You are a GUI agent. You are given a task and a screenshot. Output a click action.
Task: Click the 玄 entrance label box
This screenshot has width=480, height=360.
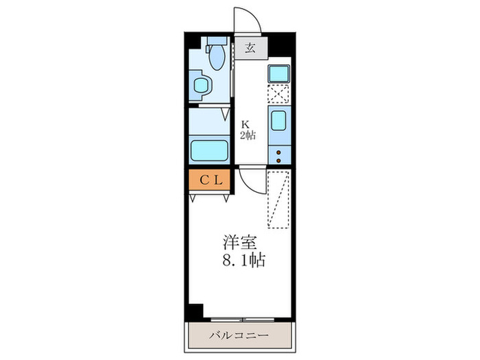pos(250,48)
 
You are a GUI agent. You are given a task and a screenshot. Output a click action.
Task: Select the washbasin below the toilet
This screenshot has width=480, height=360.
pos(202,86)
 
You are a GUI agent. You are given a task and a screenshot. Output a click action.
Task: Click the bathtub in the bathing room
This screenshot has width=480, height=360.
pos(209,149)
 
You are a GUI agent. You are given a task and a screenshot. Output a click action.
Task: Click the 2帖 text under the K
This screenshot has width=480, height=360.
pos(247,136)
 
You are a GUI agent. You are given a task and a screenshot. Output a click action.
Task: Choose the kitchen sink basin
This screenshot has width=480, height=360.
pos(279,121)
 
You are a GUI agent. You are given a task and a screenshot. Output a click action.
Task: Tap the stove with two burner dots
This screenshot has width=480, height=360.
pos(279,154)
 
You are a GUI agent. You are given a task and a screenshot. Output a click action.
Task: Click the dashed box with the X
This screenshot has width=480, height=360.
pos(278,93)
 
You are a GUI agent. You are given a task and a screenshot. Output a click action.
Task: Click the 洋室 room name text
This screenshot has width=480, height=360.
pos(239,243)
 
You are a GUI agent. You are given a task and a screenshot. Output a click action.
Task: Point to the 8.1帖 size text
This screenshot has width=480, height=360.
pos(242,261)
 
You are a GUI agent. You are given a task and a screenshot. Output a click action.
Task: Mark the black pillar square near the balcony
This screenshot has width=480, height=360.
pos(196,311)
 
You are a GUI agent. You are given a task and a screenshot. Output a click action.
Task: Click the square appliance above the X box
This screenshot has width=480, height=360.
pos(278,73)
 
